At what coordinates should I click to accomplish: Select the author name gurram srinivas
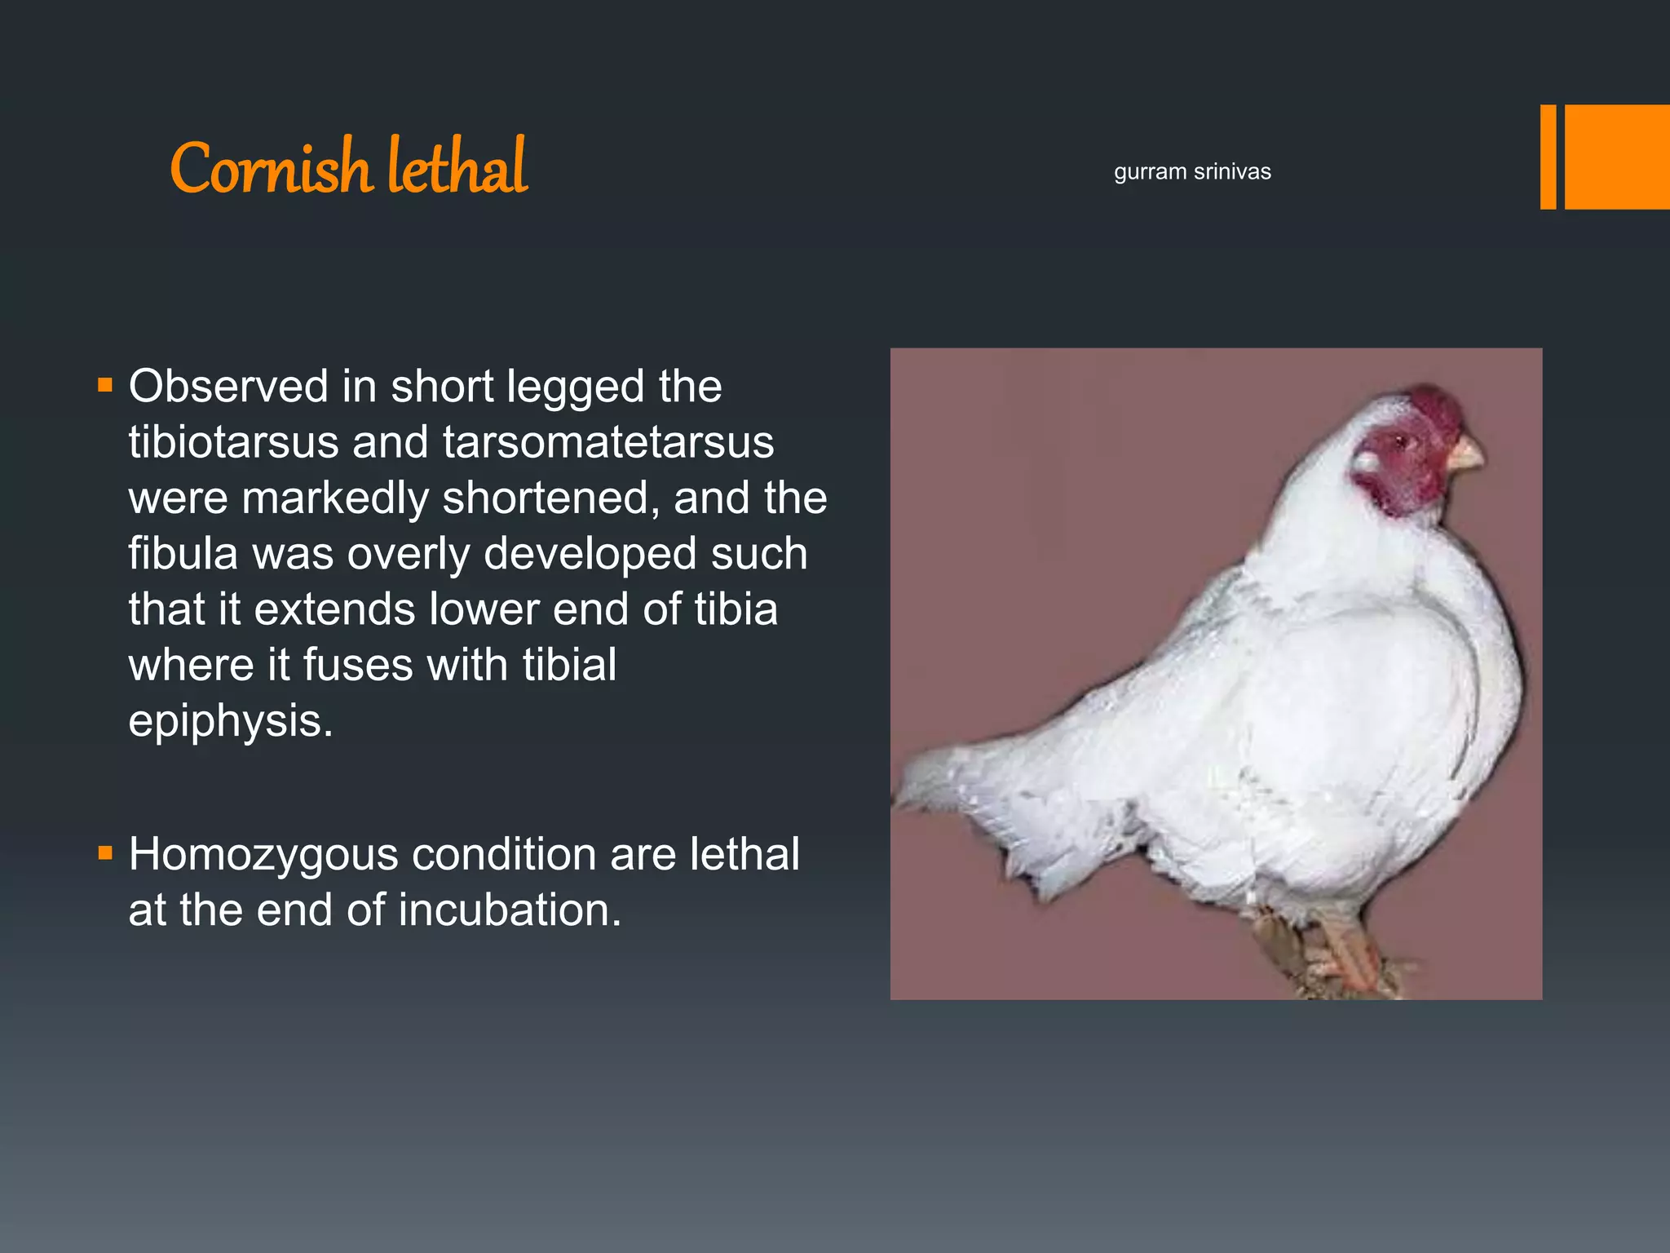point(1192,172)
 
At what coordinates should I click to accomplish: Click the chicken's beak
point(1465,454)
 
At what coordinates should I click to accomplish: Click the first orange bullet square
point(105,385)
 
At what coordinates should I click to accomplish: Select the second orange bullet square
point(105,853)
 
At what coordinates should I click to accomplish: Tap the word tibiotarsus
point(233,443)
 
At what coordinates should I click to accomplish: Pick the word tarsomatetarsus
point(608,443)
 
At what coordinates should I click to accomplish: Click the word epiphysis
point(231,722)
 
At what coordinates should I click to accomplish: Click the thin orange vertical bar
point(1548,157)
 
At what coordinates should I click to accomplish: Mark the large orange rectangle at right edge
point(1617,157)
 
